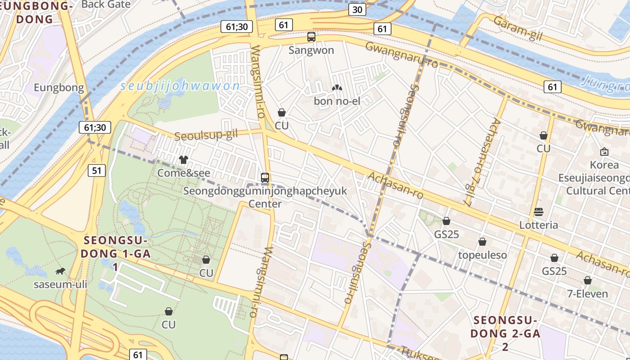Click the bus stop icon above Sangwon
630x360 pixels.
pos(311,37)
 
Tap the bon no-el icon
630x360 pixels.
pos(337,88)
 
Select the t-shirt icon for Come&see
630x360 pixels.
pos(184,160)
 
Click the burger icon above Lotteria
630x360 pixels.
pos(539,212)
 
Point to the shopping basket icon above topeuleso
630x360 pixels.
pos(482,242)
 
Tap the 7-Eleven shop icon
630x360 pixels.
pos(587,281)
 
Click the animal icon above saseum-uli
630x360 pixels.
pos(60,271)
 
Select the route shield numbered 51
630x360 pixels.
pos(97,171)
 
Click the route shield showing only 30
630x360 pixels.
pos(357,10)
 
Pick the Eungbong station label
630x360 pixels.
pos(59,88)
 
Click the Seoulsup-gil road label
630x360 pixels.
pos(206,135)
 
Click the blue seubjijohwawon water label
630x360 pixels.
pos(180,86)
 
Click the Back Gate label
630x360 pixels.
pos(106,4)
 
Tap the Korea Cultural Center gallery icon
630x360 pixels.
pos(604,152)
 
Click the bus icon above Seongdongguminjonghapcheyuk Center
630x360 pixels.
pos(265,178)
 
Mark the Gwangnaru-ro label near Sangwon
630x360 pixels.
pos(401,55)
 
